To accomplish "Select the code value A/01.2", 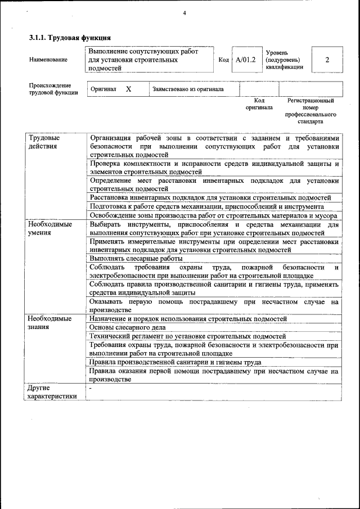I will pyautogui.click(x=246, y=60).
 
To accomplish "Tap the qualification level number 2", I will pyautogui.click(x=327, y=60).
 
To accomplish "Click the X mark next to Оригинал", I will pyautogui.click(x=128, y=89).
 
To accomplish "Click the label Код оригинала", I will pyautogui.click(x=259, y=103).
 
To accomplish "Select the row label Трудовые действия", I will pyautogui.click(x=45, y=142).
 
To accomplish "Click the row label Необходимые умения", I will pyautogui.click(x=49, y=228).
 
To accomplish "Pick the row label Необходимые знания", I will pyautogui.click(x=49, y=322).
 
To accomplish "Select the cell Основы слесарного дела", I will pyautogui.click(x=127, y=327).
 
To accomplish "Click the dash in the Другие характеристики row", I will pyautogui.click(x=91, y=388).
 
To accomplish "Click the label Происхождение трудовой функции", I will pyautogui.click(x=53, y=89).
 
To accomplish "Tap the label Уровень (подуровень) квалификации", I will pyautogui.click(x=285, y=59).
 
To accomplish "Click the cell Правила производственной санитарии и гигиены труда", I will pyautogui.click(x=175, y=362).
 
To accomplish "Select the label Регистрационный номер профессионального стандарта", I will pyautogui.click(x=310, y=111).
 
